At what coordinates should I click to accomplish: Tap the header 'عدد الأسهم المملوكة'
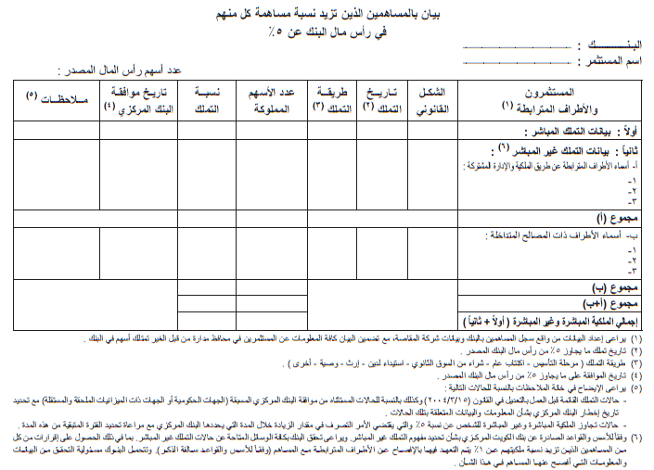[271, 101]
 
